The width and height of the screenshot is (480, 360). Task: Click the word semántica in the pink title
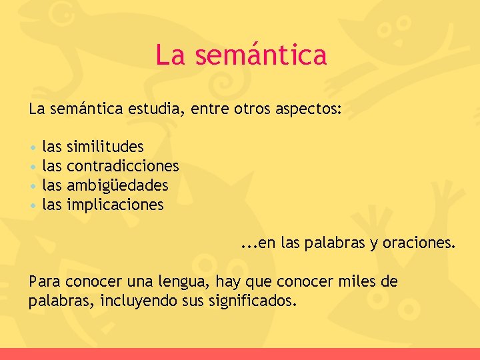pyautogui.click(x=261, y=55)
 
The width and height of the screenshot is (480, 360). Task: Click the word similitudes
pyautogui.click(x=105, y=146)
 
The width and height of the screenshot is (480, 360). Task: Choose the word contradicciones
pyautogui.click(x=123, y=165)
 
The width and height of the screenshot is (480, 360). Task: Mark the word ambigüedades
pyautogui.click(x=117, y=185)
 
